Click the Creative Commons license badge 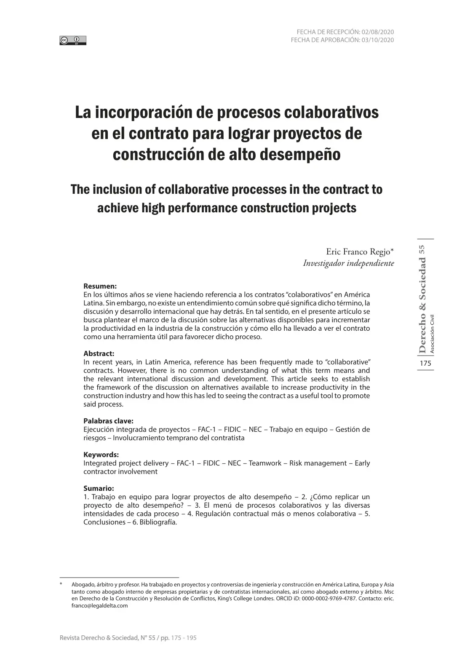tap(73, 40)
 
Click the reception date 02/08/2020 tap(377, 32)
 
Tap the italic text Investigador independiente tap(348, 263)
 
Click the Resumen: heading tap(100, 286)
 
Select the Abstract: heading tap(99, 353)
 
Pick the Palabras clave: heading tap(108, 421)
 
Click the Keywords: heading tap(101, 455)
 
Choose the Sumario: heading tap(99, 488)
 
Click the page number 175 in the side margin tap(425, 364)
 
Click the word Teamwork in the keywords tap(265, 463)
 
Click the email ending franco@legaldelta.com tap(99, 606)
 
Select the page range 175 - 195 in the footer tap(184, 638)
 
